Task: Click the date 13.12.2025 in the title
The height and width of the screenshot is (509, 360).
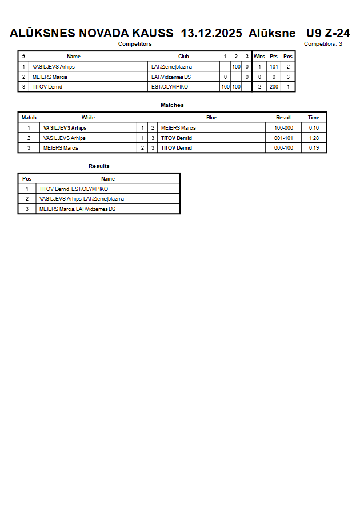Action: click(x=211, y=33)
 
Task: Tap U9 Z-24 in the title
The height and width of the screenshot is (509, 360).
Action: click(x=328, y=33)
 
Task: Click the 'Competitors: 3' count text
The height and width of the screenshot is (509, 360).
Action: click(x=323, y=44)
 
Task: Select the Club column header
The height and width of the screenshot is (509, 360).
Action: click(x=183, y=57)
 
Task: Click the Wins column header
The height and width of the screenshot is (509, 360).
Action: click(x=259, y=57)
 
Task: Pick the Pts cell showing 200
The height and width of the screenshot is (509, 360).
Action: click(x=274, y=87)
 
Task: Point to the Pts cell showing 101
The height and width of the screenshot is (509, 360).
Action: click(x=274, y=67)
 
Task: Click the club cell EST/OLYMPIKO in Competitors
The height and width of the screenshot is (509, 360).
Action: click(x=169, y=87)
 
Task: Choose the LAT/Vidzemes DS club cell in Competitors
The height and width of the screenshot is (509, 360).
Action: click(x=171, y=77)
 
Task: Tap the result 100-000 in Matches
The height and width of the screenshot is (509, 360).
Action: click(x=283, y=128)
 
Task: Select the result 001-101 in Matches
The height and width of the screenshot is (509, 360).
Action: click(x=283, y=138)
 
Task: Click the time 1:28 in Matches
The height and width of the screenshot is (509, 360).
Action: click(x=314, y=138)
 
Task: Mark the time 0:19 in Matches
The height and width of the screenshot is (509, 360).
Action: click(x=314, y=148)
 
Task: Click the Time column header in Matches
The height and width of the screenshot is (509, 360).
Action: click(x=314, y=118)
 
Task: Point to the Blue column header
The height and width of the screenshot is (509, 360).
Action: click(x=211, y=118)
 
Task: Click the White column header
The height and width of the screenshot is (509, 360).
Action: click(x=88, y=118)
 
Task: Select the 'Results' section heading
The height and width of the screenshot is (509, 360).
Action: click(x=99, y=166)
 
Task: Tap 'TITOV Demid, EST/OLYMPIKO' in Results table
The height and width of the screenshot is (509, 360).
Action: click(x=74, y=189)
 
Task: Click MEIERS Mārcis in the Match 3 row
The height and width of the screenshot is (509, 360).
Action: click(x=61, y=148)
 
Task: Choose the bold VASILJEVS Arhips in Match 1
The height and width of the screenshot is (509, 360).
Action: click(x=65, y=128)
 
